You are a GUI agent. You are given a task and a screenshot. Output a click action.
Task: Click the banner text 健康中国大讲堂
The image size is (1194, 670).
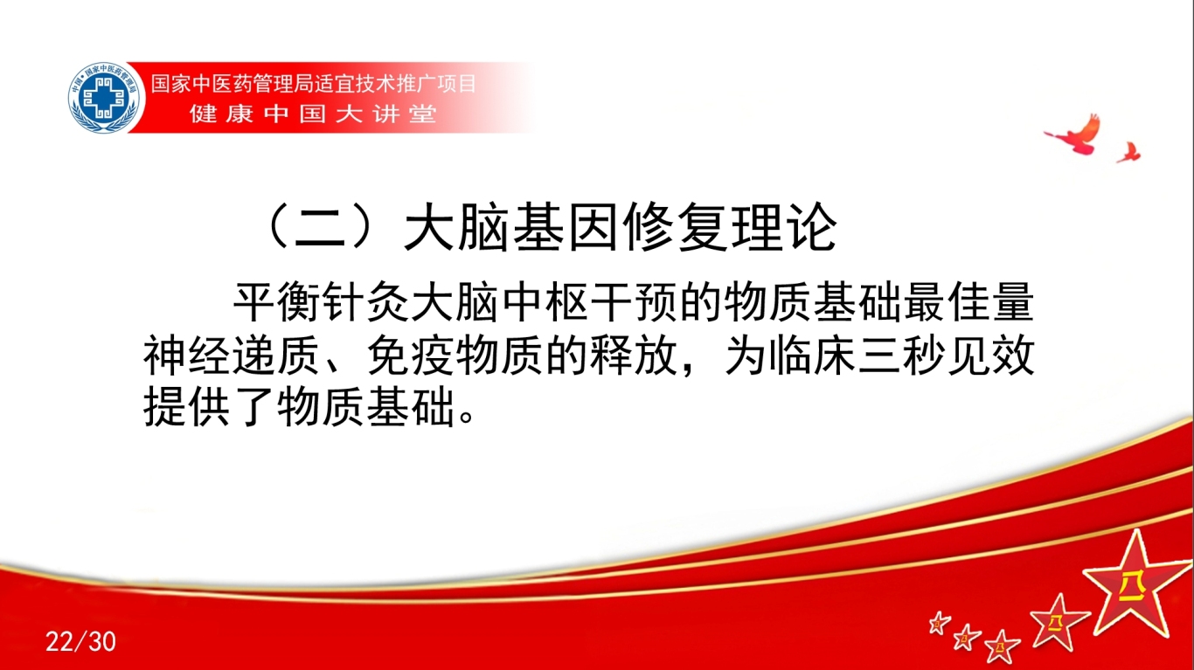313,114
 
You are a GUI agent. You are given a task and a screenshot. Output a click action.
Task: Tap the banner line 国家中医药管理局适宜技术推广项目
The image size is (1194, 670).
314,84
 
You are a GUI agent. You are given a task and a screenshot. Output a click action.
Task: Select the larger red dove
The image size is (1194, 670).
1077,136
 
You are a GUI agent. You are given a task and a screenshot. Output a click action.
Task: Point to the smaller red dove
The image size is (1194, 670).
1128,152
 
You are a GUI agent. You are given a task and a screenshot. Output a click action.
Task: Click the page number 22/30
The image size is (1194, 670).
80,642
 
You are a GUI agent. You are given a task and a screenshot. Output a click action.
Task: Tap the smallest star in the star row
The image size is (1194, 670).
940,623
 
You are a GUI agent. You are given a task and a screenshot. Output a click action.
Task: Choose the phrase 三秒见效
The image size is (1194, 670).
946,356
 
